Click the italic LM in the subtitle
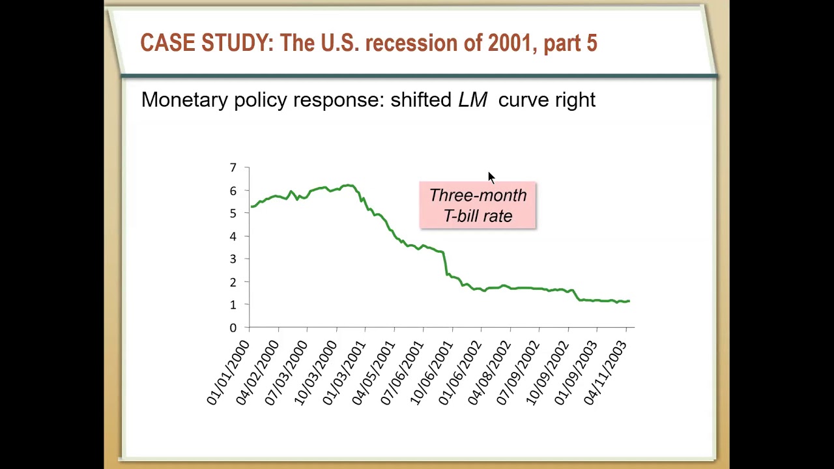pyautogui.click(x=472, y=100)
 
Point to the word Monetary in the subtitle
pyautogui.click(x=184, y=100)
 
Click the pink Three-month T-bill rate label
pyautogui.click(x=478, y=205)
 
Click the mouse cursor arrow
pyautogui.click(x=491, y=177)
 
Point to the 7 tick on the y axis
pyautogui.click(x=233, y=168)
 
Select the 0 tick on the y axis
pyautogui.click(x=233, y=328)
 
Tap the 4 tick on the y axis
pyautogui.click(x=233, y=236)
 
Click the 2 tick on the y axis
pyautogui.click(x=233, y=282)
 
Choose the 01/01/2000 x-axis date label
pyautogui.click(x=228, y=373)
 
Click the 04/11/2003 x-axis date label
pyautogui.click(x=605, y=373)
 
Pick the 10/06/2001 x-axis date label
pyautogui.click(x=431, y=373)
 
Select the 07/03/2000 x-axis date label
pyautogui.click(x=286, y=373)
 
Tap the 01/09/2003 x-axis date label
pyautogui.click(x=576, y=373)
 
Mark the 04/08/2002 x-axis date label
pyautogui.click(x=489, y=373)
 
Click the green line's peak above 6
pyautogui.click(x=349, y=186)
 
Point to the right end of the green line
pyautogui.click(x=629, y=301)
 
